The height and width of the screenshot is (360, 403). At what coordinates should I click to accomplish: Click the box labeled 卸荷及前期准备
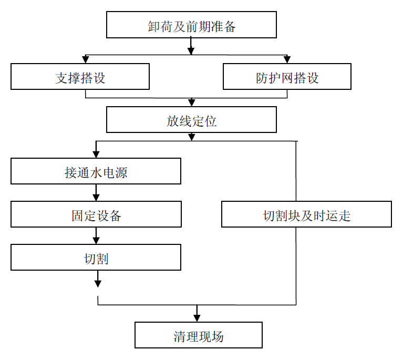point(191,26)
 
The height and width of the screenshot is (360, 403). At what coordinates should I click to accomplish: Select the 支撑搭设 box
point(80,77)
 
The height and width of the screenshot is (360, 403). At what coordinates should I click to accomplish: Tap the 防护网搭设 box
point(287,77)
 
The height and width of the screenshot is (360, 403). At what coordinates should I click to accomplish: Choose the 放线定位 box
point(191,120)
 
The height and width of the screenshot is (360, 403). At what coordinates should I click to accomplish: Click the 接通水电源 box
point(96,172)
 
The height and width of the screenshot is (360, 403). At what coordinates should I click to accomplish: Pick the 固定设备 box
point(96,215)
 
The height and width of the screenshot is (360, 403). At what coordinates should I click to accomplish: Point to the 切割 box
point(96,258)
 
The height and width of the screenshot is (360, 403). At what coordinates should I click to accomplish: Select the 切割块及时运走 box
point(306,215)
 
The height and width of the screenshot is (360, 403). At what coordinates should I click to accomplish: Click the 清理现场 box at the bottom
point(198,336)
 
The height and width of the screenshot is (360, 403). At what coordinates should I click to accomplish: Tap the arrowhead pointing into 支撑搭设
point(85,59)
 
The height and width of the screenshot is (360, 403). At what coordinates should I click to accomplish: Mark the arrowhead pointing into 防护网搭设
point(287,59)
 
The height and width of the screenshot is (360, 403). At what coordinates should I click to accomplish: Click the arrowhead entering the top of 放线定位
point(191,102)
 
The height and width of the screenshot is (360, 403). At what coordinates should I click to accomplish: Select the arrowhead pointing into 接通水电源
point(96,154)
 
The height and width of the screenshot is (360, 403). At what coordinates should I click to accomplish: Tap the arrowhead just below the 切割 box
point(98,283)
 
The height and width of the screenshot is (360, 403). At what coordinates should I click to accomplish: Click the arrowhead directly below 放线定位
point(191,136)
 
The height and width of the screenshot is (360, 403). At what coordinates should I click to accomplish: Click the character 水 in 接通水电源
point(96,172)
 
